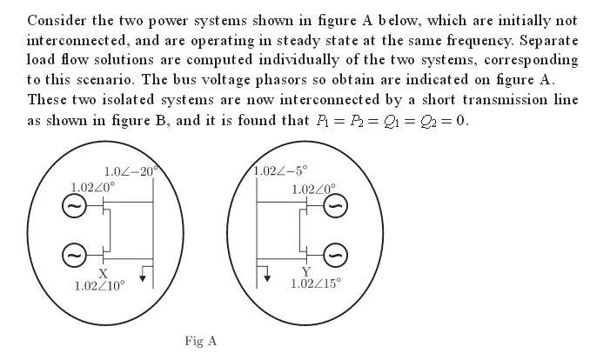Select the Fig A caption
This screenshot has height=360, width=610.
pyautogui.click(x=200, y=341)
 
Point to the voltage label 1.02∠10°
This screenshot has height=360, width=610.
pyautogui.click(x=101, y=283)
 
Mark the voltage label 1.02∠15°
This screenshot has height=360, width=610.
pyautogui.click(x=316, y=283)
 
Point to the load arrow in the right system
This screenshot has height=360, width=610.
pyautogui.click(x=268, y=277)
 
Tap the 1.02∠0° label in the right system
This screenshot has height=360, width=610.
pyautogui.click(x=315, y=188)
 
